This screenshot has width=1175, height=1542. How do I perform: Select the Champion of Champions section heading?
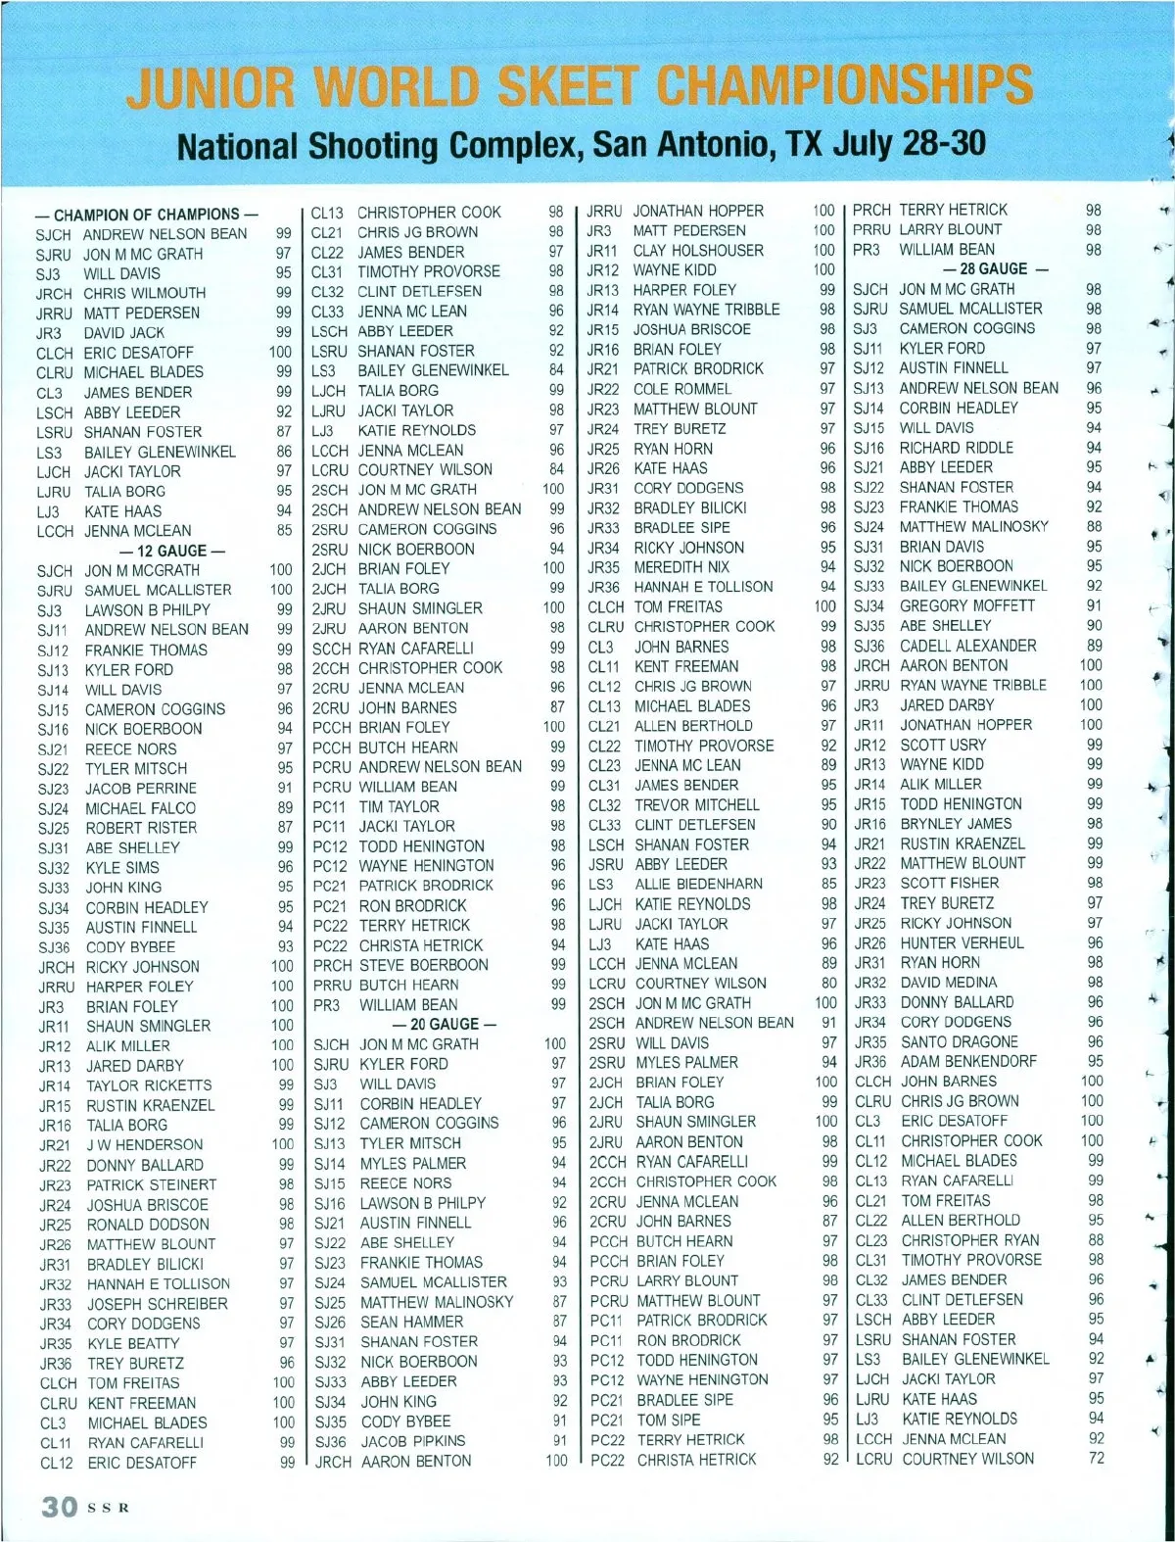point(147,215)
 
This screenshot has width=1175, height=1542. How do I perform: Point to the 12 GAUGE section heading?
point(171,551)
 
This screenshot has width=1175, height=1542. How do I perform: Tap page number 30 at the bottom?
point(59,1506)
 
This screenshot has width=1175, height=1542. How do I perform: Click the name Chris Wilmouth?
point(145,293)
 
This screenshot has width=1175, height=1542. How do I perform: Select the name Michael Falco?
point(140,808)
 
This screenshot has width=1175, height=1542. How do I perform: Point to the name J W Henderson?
point(145,1144)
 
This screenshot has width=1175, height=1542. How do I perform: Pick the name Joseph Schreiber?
point(157,1304)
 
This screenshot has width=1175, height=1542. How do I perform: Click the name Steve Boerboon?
point(423,965)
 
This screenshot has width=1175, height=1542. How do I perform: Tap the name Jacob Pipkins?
point(413,1441)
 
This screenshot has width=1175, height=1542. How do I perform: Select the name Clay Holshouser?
point(698,250)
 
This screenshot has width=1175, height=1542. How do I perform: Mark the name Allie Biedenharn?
point(698,884)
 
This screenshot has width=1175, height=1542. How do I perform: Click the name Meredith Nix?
point(681,566)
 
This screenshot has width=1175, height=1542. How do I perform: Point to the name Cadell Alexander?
point(968,646)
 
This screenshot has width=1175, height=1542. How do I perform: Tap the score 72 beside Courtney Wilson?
point(1096,1458)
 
